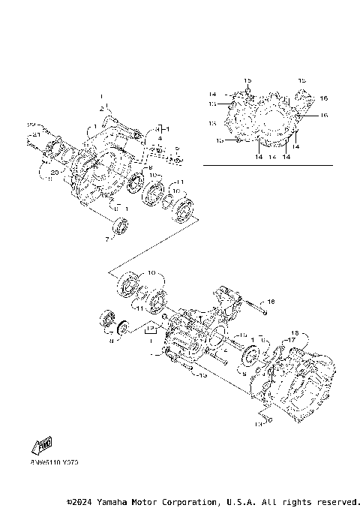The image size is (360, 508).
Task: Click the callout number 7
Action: click(x=107, y=239)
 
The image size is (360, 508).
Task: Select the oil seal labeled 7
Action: click(x=119, y=225)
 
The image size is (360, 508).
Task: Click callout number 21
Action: click(x=34, y=134)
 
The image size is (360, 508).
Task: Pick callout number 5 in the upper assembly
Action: click(x=177, y=149)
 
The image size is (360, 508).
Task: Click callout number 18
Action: click(x=295, y=332)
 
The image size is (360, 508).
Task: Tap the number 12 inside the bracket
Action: click(x=151, y=328)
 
